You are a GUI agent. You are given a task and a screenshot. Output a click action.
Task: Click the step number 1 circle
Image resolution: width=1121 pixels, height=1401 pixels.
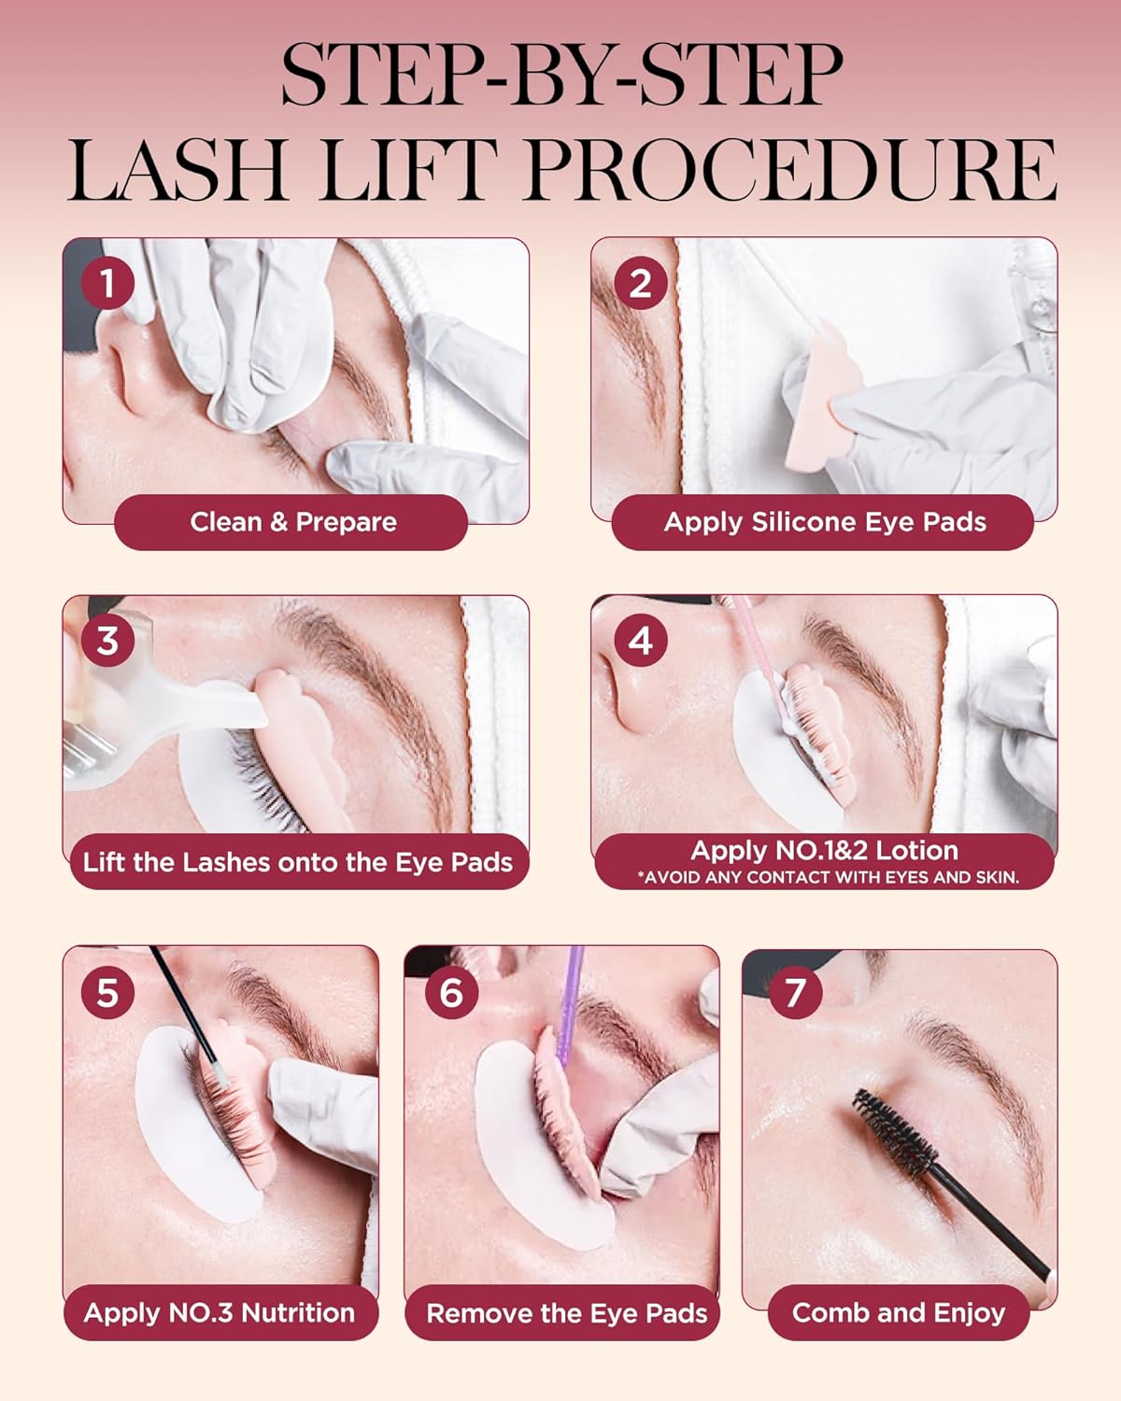click(107, 283)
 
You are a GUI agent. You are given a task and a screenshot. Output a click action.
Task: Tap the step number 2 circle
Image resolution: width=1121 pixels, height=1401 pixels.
click(640, 283)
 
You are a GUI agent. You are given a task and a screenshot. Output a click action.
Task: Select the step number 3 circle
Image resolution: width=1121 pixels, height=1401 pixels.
click(107, 641)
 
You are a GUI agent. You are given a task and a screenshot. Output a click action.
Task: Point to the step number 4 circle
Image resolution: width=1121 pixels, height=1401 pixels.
click(640, 641)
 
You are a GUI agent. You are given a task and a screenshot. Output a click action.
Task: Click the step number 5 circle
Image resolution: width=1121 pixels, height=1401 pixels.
click(107, 992)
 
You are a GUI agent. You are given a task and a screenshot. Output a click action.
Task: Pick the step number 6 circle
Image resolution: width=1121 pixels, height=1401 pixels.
click(450, 992)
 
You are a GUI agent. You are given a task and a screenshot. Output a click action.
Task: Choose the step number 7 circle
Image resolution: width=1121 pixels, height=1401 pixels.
click(795, 992)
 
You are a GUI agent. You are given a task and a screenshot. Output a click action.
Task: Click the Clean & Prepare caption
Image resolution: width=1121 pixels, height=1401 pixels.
click(292, 522)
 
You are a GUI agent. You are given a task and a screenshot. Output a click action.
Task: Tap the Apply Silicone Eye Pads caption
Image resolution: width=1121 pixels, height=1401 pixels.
click(824, 522)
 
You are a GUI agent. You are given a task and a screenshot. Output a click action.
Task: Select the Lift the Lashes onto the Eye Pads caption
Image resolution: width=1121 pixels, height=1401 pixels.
click(297, 861)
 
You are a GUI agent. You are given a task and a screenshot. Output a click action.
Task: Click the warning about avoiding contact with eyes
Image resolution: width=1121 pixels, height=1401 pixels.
click(828, 878)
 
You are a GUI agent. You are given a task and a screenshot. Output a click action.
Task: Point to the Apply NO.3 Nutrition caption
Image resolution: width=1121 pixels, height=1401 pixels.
click(220, 1313)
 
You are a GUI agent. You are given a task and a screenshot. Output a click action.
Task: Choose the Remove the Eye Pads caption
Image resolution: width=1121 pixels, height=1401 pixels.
click(566, 1313)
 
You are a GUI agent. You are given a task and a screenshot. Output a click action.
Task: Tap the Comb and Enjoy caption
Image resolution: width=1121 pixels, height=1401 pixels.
click(899, 1313)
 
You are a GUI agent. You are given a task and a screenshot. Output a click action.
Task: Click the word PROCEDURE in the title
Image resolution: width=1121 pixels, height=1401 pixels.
click(790, 170)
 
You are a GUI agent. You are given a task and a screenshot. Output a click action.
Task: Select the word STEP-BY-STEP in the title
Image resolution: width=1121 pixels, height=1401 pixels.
click(561, 75)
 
